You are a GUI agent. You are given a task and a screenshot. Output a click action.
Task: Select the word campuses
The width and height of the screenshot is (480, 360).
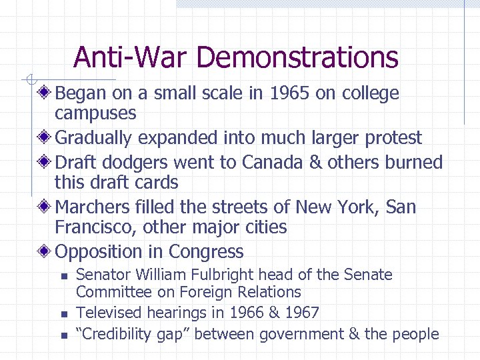(x=95, y=113)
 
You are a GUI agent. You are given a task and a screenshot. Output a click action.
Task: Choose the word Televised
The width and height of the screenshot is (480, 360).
(x=109, y=312)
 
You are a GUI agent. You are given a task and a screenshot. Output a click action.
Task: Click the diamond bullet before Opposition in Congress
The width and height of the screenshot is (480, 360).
(x=45, y=251)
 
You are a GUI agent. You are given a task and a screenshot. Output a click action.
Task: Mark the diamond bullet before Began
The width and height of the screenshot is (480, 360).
(x=45, y=93)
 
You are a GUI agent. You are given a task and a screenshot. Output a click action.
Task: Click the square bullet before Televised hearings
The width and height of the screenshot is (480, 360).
(x=63, y=313)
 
